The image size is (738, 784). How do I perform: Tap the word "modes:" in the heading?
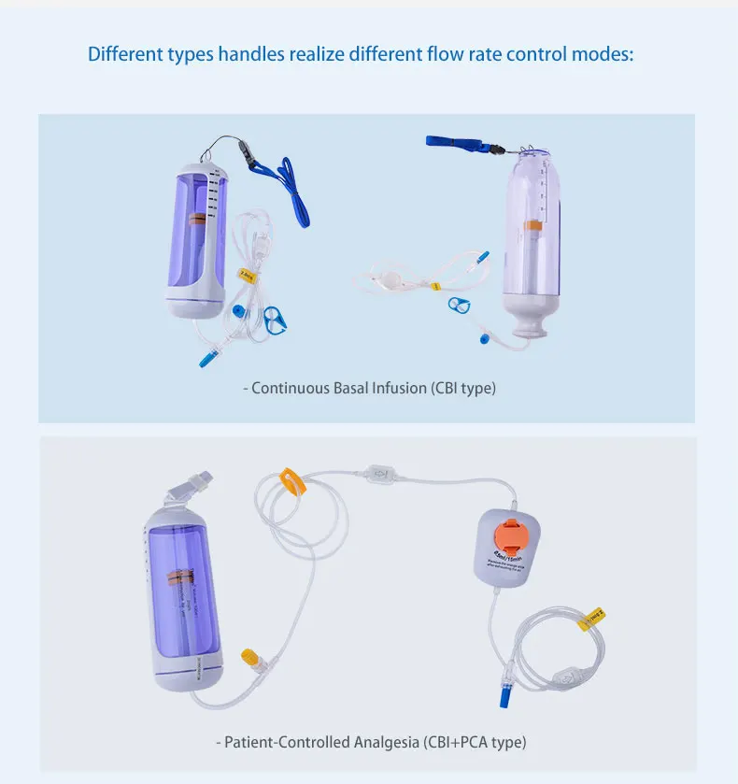603,53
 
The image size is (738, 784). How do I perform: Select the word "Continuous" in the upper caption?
290,388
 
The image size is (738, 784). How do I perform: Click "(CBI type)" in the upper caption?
463,388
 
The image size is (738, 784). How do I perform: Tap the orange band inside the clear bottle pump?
533,225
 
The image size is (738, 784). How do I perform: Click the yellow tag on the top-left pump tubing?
247,275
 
